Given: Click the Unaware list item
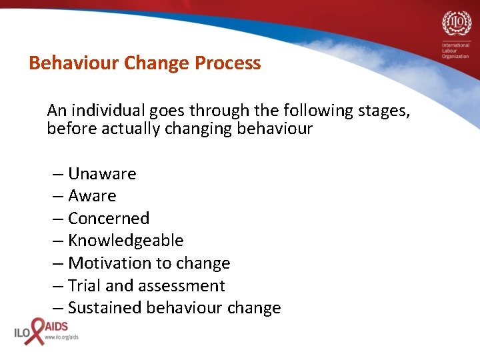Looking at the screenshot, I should pyautogui.click(x=101, y=174).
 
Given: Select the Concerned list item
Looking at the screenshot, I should pyautogui.click(x=108, y=219).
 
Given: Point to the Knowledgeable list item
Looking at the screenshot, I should pyautogui.click(x=125, y=241).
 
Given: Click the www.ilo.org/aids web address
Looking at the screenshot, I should pyautogui.click(x=61, y=337).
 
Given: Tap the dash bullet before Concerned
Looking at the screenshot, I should pyautogui.click(x=58, y=219).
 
